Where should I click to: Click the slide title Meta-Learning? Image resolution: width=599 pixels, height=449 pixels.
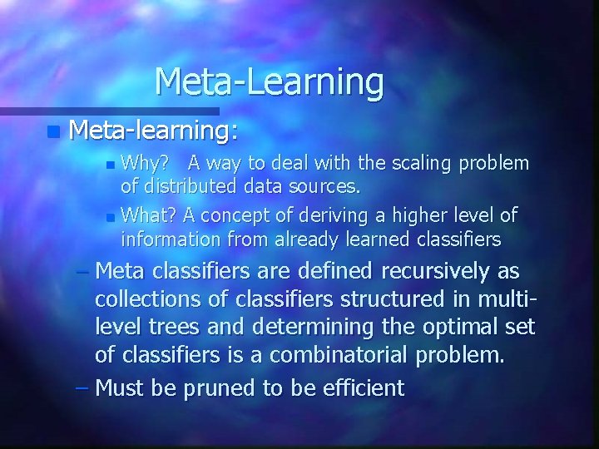[x=269, y=81]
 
